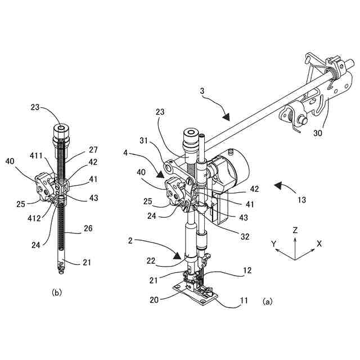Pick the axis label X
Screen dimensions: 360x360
point(319,244)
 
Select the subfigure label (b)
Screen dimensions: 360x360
point(56,292)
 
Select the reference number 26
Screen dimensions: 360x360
point(88,228)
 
